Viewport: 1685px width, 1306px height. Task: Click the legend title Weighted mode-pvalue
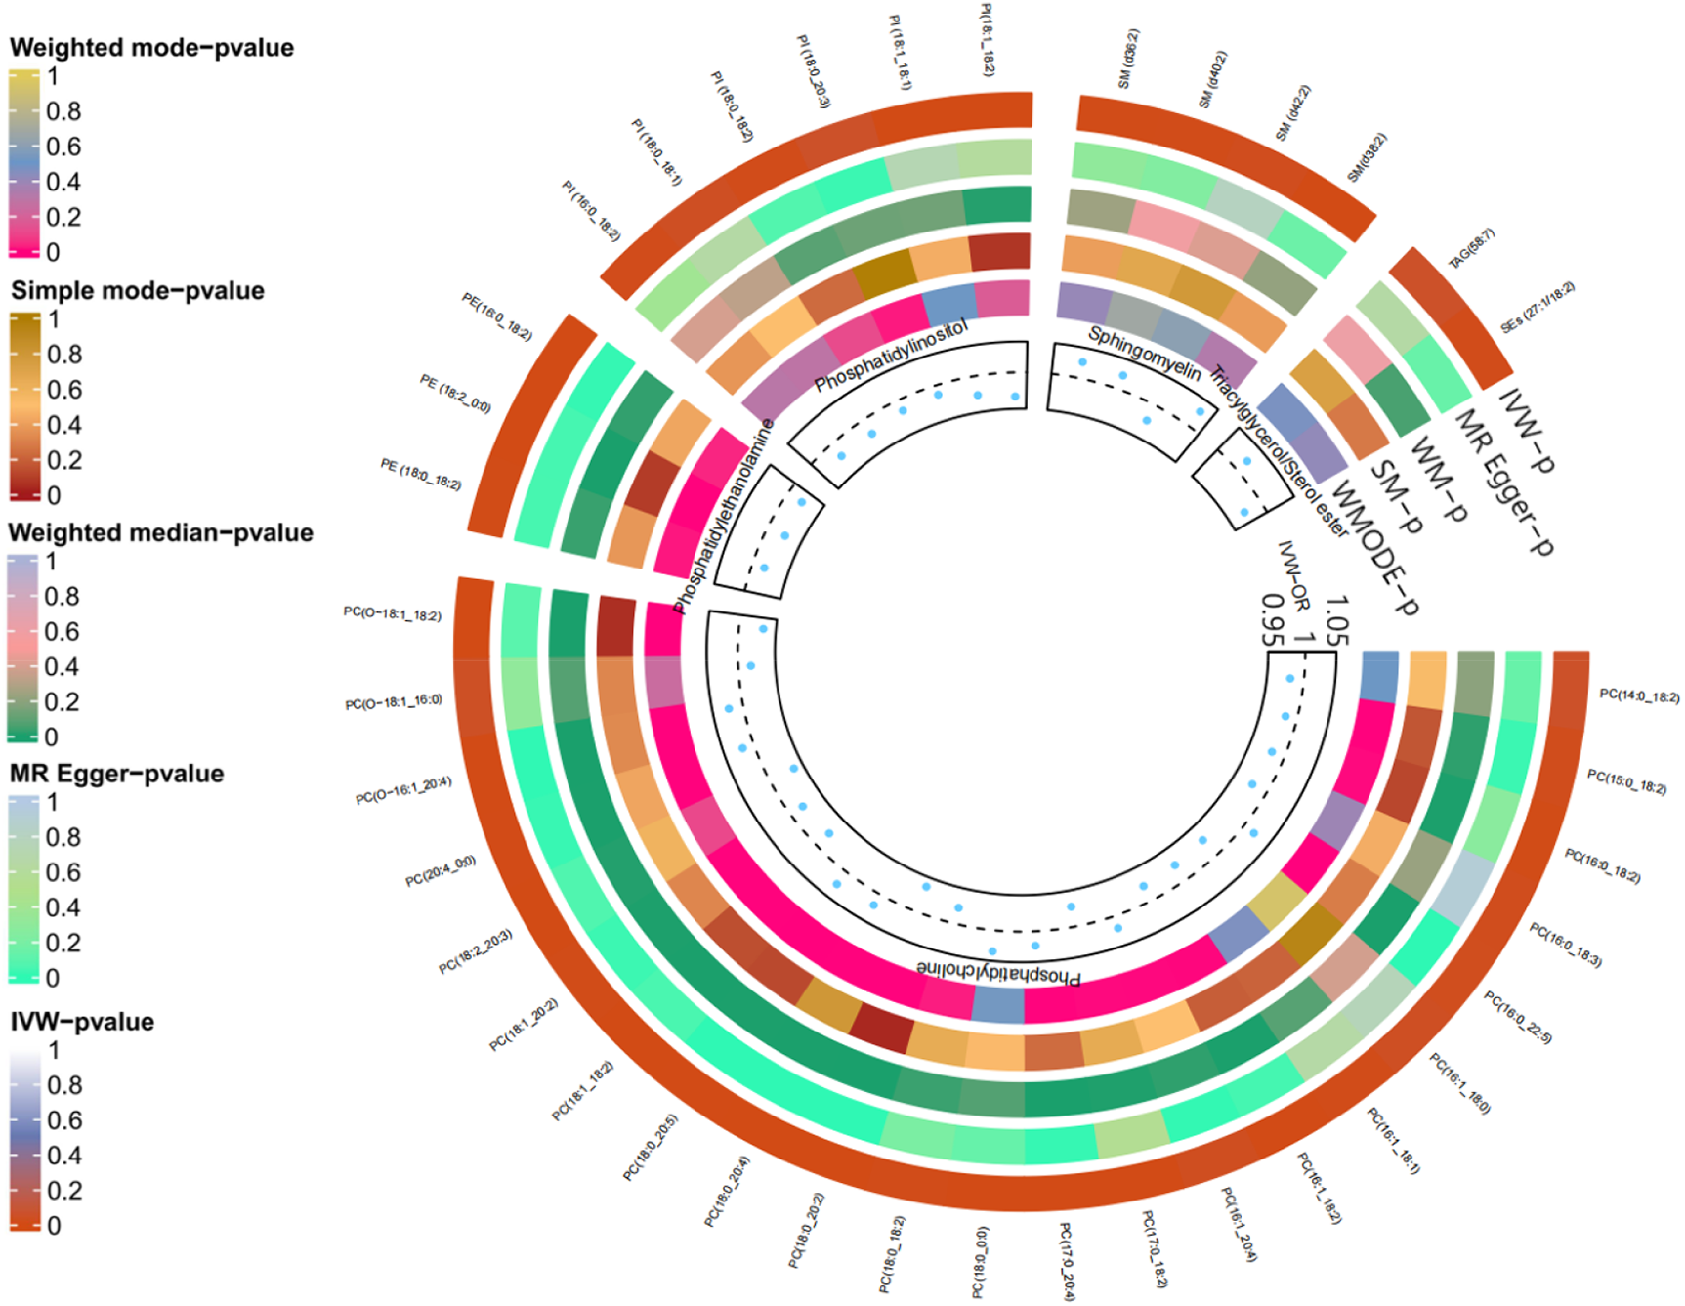point(151,48)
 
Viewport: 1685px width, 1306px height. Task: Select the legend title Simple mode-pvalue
point(138,291)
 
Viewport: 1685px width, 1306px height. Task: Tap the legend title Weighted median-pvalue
point(161,533)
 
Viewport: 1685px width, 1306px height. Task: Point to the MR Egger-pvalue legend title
point(117,774)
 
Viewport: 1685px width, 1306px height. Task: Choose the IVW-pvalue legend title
point(82,1022)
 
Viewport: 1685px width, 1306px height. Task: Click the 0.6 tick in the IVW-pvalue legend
point(64,1120)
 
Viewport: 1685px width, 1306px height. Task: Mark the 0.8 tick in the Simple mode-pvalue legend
point(64,355)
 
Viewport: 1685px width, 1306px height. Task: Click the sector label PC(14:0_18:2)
point(1639,696)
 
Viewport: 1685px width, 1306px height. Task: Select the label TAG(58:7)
point(1471,249)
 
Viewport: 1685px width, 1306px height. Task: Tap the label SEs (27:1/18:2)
point(1538,308)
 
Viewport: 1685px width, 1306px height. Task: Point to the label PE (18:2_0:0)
point(455,394)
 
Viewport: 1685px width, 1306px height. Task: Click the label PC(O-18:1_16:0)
point(394,702)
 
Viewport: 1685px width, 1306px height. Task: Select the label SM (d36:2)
point(1128,59)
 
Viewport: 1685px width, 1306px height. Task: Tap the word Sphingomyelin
point(1144,353)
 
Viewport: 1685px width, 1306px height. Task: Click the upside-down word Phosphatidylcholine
point(998,973)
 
